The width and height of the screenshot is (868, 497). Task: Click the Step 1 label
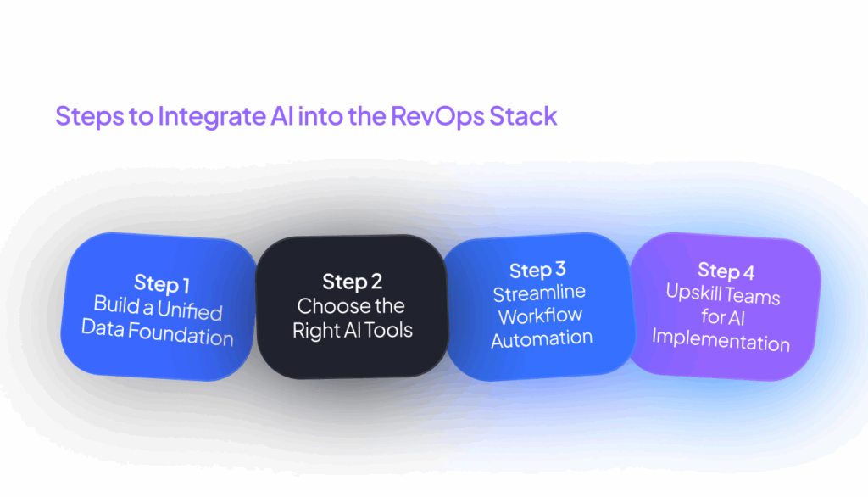[162, 283]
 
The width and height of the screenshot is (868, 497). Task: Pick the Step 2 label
[351, 282]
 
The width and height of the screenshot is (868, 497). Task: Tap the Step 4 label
[726, 271]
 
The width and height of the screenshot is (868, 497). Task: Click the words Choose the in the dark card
[351, 306]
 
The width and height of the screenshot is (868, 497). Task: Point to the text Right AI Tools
[353, 331]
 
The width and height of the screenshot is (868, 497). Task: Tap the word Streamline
[539, 293]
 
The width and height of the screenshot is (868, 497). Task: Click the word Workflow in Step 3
[540, 316]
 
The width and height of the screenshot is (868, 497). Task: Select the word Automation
[542, 338]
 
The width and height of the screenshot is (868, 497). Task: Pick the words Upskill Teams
[723, 296]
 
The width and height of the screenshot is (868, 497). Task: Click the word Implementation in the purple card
[721, 342]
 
